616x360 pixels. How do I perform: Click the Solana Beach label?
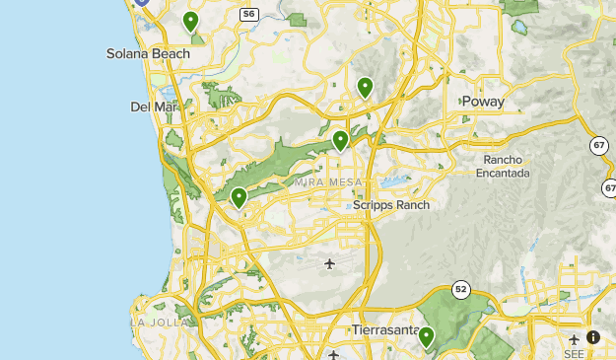148,53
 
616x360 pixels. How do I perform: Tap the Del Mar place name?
151,107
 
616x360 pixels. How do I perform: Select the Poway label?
482,102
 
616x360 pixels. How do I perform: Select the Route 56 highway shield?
249,14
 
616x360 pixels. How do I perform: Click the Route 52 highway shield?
460,289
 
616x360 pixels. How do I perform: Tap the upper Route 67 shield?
599,145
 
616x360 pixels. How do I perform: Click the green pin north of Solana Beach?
190,21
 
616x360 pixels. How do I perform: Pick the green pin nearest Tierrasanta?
426,337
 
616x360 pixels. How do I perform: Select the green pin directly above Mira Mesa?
340,140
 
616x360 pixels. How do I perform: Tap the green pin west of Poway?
365,88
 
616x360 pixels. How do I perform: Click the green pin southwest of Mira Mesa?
239,197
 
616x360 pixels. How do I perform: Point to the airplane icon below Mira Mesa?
329,263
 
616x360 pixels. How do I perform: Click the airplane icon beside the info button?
575,338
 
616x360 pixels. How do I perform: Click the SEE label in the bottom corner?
575,354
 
